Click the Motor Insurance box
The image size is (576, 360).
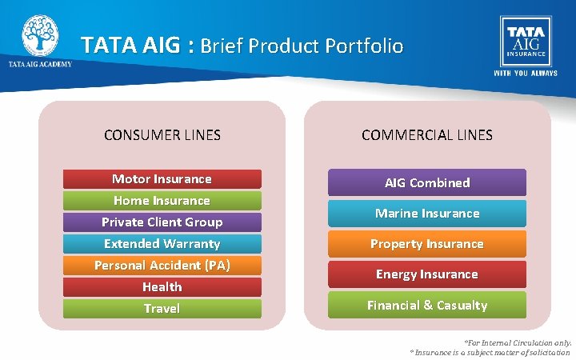(x=162, y=179)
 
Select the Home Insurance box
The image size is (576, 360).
(x=162, y=201)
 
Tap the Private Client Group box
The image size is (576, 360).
(x=162, y=222)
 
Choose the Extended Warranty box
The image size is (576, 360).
(x=162, y=244)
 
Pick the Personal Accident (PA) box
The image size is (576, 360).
(x=162, y=266)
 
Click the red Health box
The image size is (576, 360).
(x=162, y=287)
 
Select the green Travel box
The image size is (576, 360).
(x=162, y=309)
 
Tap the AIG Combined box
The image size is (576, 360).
(x=427, y=182)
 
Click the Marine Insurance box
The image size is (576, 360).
(x=427, y=214)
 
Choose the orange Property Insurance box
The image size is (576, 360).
(x=427, y=244)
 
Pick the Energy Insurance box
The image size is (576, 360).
(x=427, y=274)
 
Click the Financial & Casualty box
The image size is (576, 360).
(x=427, y=305)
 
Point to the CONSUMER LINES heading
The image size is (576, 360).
(x=162, y=135)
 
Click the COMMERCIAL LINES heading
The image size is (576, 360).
(x=427, y=135)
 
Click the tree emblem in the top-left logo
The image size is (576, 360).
(x=40, y=35)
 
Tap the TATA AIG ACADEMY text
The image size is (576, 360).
(x=40, y=65)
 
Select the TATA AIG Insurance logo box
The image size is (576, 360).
(x=526, y=39)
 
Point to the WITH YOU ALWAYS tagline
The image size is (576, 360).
(x=526, y=74)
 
